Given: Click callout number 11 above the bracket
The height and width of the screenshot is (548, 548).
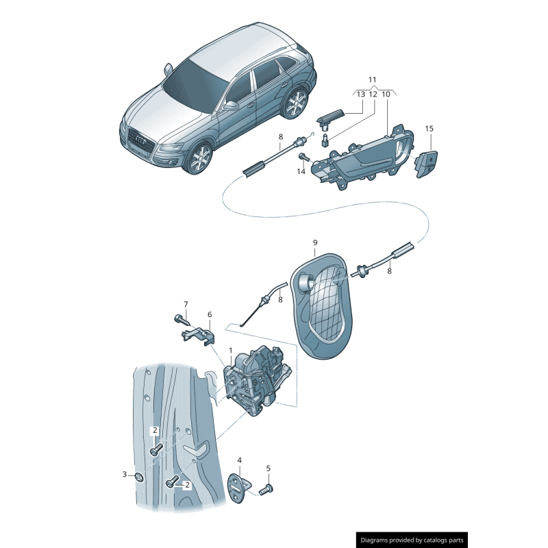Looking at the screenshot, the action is click(372, 79).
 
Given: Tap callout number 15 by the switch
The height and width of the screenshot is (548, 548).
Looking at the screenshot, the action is click(429, 129).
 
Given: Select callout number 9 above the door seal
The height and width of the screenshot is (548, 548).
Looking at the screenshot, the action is click(315, 242).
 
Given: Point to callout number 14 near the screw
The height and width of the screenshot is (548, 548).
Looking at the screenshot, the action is click(301, 172).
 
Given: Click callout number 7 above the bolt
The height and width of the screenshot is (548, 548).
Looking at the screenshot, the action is click(186, 304).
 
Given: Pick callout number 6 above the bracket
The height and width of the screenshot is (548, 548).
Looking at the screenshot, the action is click(210, 314).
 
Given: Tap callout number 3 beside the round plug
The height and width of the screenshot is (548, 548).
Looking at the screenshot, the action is click(125, 474).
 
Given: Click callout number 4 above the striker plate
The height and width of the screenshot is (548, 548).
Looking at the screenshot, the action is click(239, 460).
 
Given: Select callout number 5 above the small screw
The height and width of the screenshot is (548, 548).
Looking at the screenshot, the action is click(268, 469).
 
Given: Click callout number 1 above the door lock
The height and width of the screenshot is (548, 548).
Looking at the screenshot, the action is click(231, 350).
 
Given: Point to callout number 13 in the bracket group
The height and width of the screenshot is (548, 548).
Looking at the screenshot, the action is click(361, 95).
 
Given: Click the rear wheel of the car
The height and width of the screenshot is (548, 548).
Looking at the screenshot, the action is click(295, 103).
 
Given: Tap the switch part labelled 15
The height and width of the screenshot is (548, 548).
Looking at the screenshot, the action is click(426, 163).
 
